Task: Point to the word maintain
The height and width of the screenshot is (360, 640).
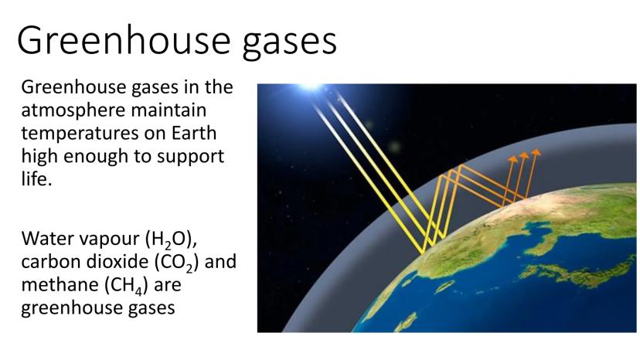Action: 169,110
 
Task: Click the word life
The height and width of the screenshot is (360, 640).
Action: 37,178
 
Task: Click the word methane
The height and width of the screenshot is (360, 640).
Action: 60,284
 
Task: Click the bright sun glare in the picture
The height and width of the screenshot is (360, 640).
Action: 310,86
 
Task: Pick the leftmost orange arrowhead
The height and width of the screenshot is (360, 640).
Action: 512,159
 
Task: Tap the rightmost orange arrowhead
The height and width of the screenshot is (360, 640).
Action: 536,152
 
